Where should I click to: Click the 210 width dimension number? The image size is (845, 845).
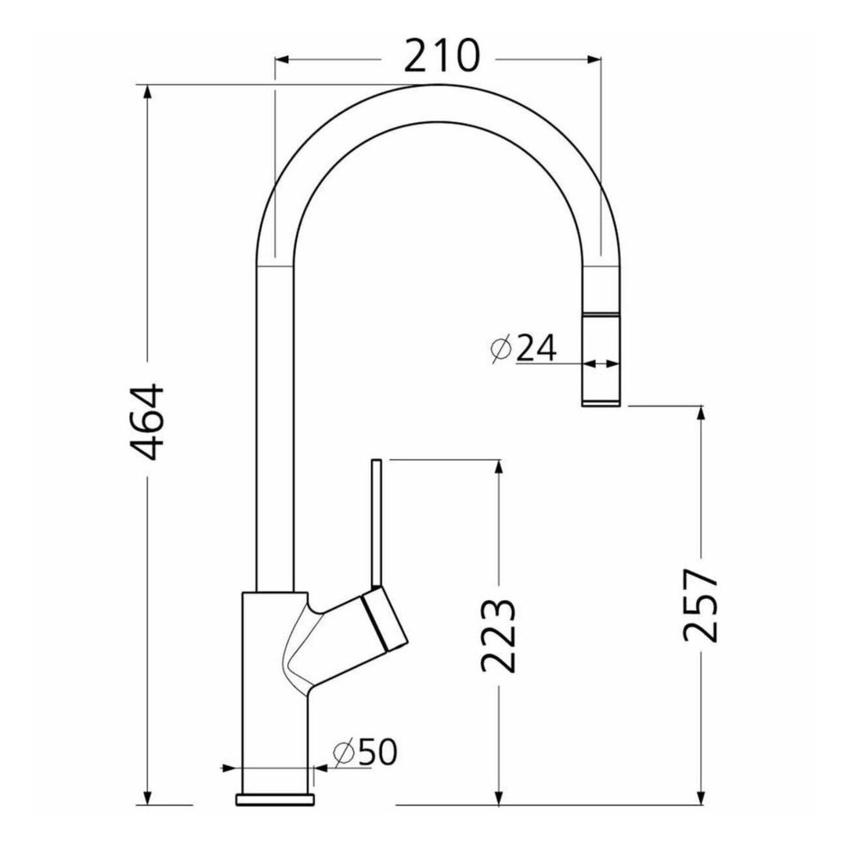442,56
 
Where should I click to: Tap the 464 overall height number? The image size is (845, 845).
147,421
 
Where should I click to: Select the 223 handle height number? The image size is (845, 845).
497,636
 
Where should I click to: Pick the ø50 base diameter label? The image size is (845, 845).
366,751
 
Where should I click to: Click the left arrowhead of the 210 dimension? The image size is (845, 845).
283,60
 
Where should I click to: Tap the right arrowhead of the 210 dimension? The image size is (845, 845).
592,60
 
